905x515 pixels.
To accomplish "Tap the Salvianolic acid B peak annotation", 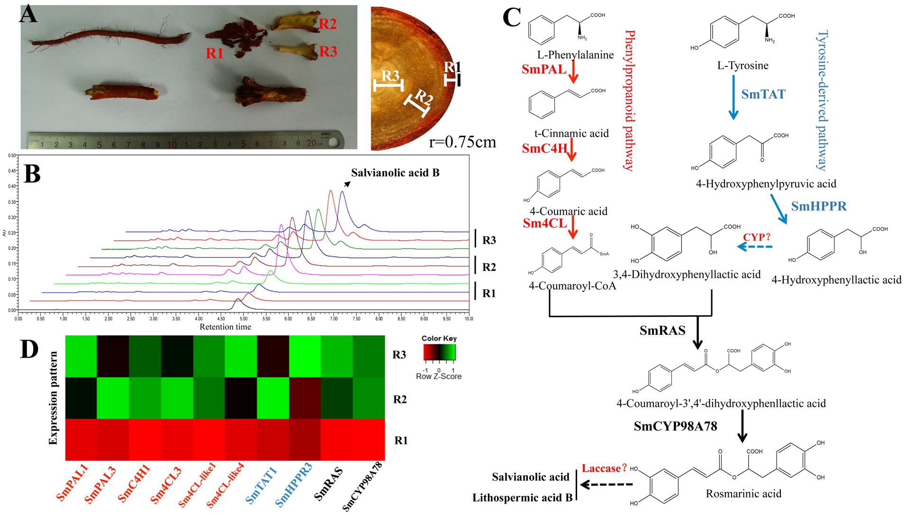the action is [395, 173].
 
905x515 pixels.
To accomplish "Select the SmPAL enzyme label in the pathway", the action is [544, 69].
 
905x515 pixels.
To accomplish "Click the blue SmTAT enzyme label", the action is [763, 94].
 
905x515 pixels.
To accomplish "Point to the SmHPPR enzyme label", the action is [819, 206].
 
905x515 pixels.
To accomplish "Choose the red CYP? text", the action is [756, 237].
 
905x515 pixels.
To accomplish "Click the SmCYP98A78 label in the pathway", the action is [675, 426].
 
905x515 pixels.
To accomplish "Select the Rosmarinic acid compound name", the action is [743, 494].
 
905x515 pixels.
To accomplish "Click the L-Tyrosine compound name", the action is [742, 65].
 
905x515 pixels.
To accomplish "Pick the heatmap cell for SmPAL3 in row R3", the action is [113, 356].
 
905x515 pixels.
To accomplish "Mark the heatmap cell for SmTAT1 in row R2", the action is [273, 398].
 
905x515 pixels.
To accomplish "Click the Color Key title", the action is [439, 339].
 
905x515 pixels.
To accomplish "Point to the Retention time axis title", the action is [225, 327].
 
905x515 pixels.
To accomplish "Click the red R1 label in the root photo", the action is [214, 53].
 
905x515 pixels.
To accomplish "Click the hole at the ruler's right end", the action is [335, 141].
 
